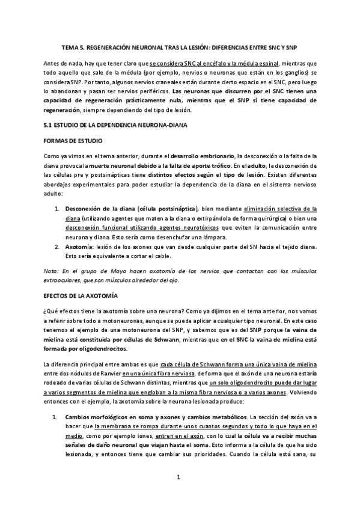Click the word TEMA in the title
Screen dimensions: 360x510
71,46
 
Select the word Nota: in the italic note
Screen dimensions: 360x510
52,271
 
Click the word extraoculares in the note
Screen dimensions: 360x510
64,280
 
